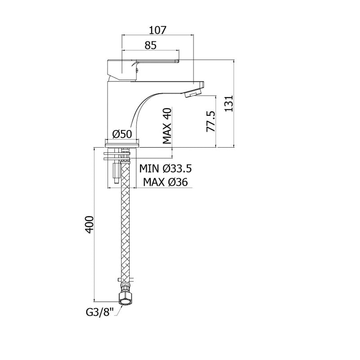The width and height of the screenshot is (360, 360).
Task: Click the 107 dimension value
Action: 157,30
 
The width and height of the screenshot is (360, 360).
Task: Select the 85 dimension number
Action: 150,45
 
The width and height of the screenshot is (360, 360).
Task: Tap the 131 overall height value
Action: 229,103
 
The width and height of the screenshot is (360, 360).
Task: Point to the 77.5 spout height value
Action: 211,121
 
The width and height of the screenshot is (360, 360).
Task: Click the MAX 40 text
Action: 167,126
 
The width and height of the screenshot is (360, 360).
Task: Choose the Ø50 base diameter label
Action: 122,134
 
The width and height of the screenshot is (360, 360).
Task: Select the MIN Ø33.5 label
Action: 165,168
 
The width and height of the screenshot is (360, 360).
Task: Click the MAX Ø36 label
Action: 165,182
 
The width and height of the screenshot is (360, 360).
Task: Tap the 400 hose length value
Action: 89,225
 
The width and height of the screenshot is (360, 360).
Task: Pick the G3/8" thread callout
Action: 100,312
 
